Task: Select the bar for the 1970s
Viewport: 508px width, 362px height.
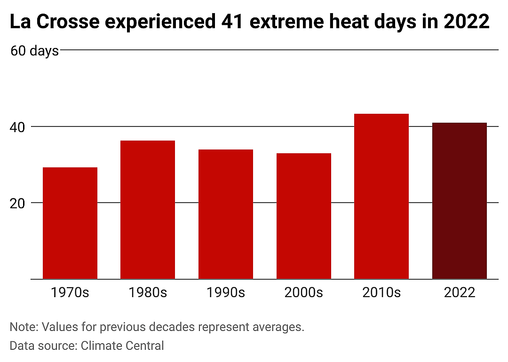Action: tap(70, 223)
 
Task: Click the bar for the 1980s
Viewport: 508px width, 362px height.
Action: tap(148, 210)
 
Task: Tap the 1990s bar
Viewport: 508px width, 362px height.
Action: tap(226, 214)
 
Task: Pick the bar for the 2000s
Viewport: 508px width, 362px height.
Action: tap(304, 216)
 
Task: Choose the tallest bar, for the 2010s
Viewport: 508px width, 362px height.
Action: tap(381, 197)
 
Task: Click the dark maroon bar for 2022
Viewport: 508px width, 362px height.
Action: tap(460, 201)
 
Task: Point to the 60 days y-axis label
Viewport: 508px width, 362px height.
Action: tap(35, 51)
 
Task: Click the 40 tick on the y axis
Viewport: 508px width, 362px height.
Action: tap(17, 127)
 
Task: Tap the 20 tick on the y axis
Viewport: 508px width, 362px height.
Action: tap(17, 204)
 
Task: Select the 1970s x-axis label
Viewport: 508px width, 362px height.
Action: tap(70, 292)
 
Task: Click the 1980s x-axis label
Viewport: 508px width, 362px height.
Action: tap(148, 292)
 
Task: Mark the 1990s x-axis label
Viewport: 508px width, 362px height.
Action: tap(226, 292)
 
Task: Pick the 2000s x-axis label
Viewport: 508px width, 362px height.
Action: tap(304, 292)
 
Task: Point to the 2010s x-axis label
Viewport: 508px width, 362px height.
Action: tap(381, 292)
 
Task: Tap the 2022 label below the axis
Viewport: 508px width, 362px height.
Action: tap(460, 292)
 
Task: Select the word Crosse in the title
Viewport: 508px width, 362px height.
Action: tap(68, 22)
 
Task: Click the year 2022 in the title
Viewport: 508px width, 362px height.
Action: tap(466, 22)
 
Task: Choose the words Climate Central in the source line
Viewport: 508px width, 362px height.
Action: tap(122, 346)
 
